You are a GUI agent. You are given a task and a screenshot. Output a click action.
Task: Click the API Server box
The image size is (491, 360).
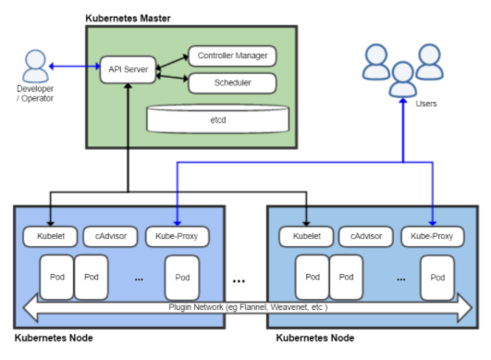(126, 69)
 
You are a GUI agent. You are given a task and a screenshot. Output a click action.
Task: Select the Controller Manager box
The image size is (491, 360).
(232, 56)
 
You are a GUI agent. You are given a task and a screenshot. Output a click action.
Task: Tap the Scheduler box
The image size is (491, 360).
(232, 83)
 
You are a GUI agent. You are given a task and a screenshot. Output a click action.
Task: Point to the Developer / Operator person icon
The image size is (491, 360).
(38, 65)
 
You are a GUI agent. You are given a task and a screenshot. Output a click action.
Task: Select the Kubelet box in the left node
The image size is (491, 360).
(45, 236)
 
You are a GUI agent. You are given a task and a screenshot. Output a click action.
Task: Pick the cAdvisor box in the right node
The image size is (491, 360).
(362, 236)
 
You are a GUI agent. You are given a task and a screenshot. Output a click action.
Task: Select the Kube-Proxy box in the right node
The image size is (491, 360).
(432, 236)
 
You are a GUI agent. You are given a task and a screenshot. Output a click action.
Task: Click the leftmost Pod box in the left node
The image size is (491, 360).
(56, 277)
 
